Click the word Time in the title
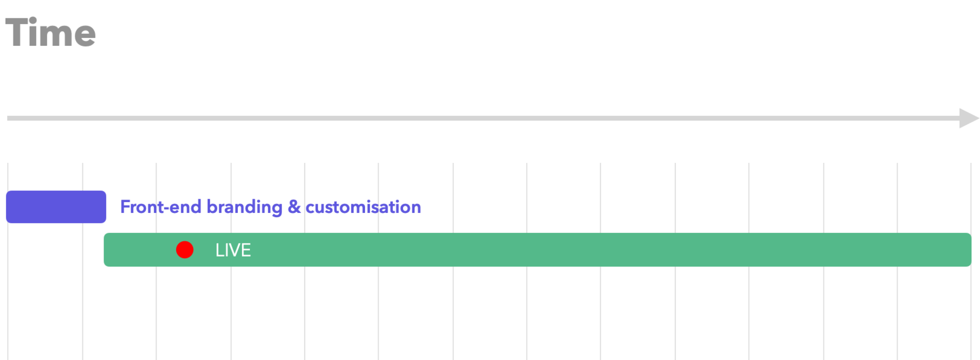(x=50, y=33)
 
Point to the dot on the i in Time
(x=34, y=20)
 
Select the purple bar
(x=56, y=207)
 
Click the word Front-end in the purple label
(x=160, y=207)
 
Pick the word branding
(x=244, y=207)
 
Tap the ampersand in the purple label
(x=294, y=207)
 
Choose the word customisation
(x=364, y=207)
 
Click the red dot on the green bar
(x=185, y=250)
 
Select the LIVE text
(x=233, y=250)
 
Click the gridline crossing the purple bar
(x=83, y=207)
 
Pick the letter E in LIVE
(x=246, y=250)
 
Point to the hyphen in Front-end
(x=166, y=208)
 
